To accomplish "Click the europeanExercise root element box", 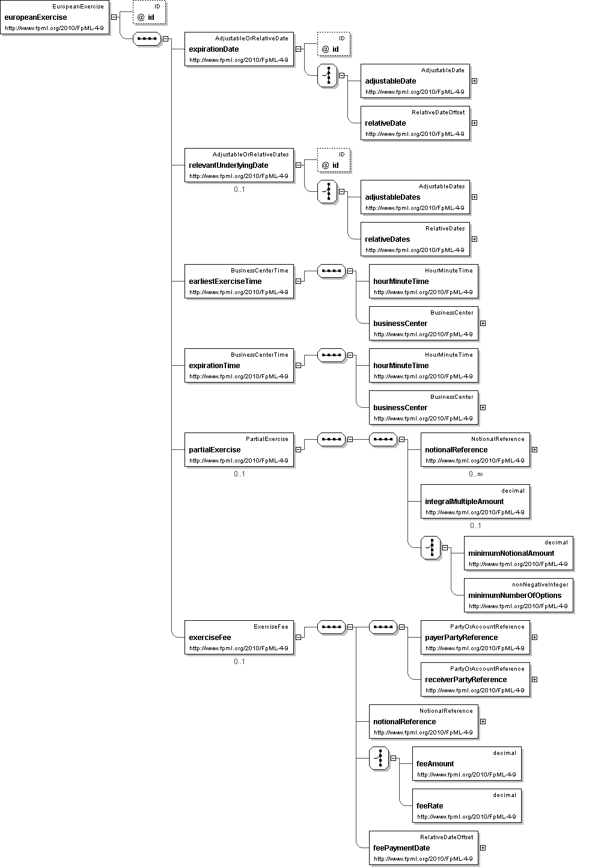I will coord(55,17).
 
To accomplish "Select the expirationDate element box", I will coord(239,49).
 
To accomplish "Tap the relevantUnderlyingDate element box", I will coord(239,165).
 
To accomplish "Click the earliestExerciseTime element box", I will coord(239,282).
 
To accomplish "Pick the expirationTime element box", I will coord(239,366).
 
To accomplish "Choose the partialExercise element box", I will coord(239,450).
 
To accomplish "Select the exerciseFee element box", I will coord(239,638).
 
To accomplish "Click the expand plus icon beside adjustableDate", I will coord(474,81).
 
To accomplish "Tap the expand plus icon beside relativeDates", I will coord(474,239).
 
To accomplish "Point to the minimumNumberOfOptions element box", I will coord(518,596).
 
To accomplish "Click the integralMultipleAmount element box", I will coord(475,502).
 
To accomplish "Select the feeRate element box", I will coord(466,806).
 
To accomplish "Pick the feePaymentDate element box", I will coord(423,848).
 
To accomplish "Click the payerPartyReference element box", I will coord(475,638).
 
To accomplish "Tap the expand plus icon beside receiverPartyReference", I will coord(534,679).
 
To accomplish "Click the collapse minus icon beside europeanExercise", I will coord(114,17).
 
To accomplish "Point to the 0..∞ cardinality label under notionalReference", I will coord(475,474).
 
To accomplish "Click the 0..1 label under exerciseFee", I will coord(239,662).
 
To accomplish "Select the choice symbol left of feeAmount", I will coord(379,758).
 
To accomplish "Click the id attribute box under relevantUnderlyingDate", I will coord(334,161).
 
